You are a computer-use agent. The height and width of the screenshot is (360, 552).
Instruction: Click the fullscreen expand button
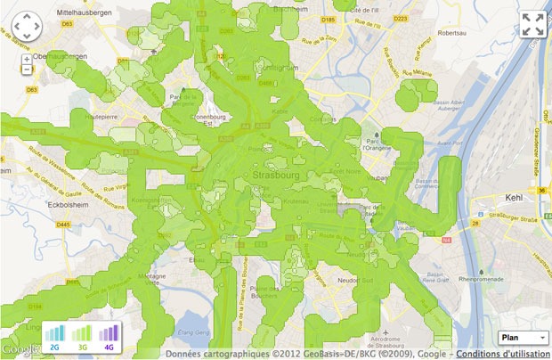[532, 25]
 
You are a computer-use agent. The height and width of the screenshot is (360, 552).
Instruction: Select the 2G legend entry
[55, 337]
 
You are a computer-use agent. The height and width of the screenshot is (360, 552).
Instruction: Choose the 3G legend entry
[82, 337]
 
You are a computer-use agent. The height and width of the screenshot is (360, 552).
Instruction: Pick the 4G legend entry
[109, 337]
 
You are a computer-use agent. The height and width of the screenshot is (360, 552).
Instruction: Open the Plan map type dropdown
[523, 338]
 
